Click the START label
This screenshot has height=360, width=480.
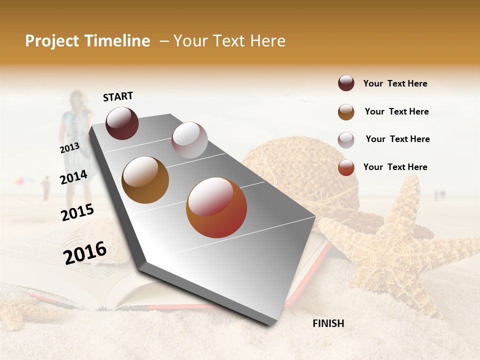coord(118,96)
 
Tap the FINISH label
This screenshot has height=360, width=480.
coord(328,323)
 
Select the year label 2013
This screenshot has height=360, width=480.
coord(69,148)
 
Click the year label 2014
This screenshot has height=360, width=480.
coord(73,177)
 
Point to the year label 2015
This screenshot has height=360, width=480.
coord(77,212)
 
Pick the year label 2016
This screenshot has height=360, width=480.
coord(85,252)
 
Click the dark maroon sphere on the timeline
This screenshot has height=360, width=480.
coord(122,123)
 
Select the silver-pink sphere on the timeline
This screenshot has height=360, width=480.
coord(189,140)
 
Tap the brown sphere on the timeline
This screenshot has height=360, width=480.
coord(145,180)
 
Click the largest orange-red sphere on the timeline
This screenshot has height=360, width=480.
coord(216,207)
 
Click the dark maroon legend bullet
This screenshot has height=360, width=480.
coord(346,83)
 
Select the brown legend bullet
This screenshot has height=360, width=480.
coord(346,111)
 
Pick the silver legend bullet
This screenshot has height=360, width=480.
coord(346,139)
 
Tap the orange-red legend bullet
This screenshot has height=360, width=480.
coord(346,167)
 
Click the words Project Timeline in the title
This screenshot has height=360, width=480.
coord(87,41)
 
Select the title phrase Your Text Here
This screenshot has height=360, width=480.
coord(229,41)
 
